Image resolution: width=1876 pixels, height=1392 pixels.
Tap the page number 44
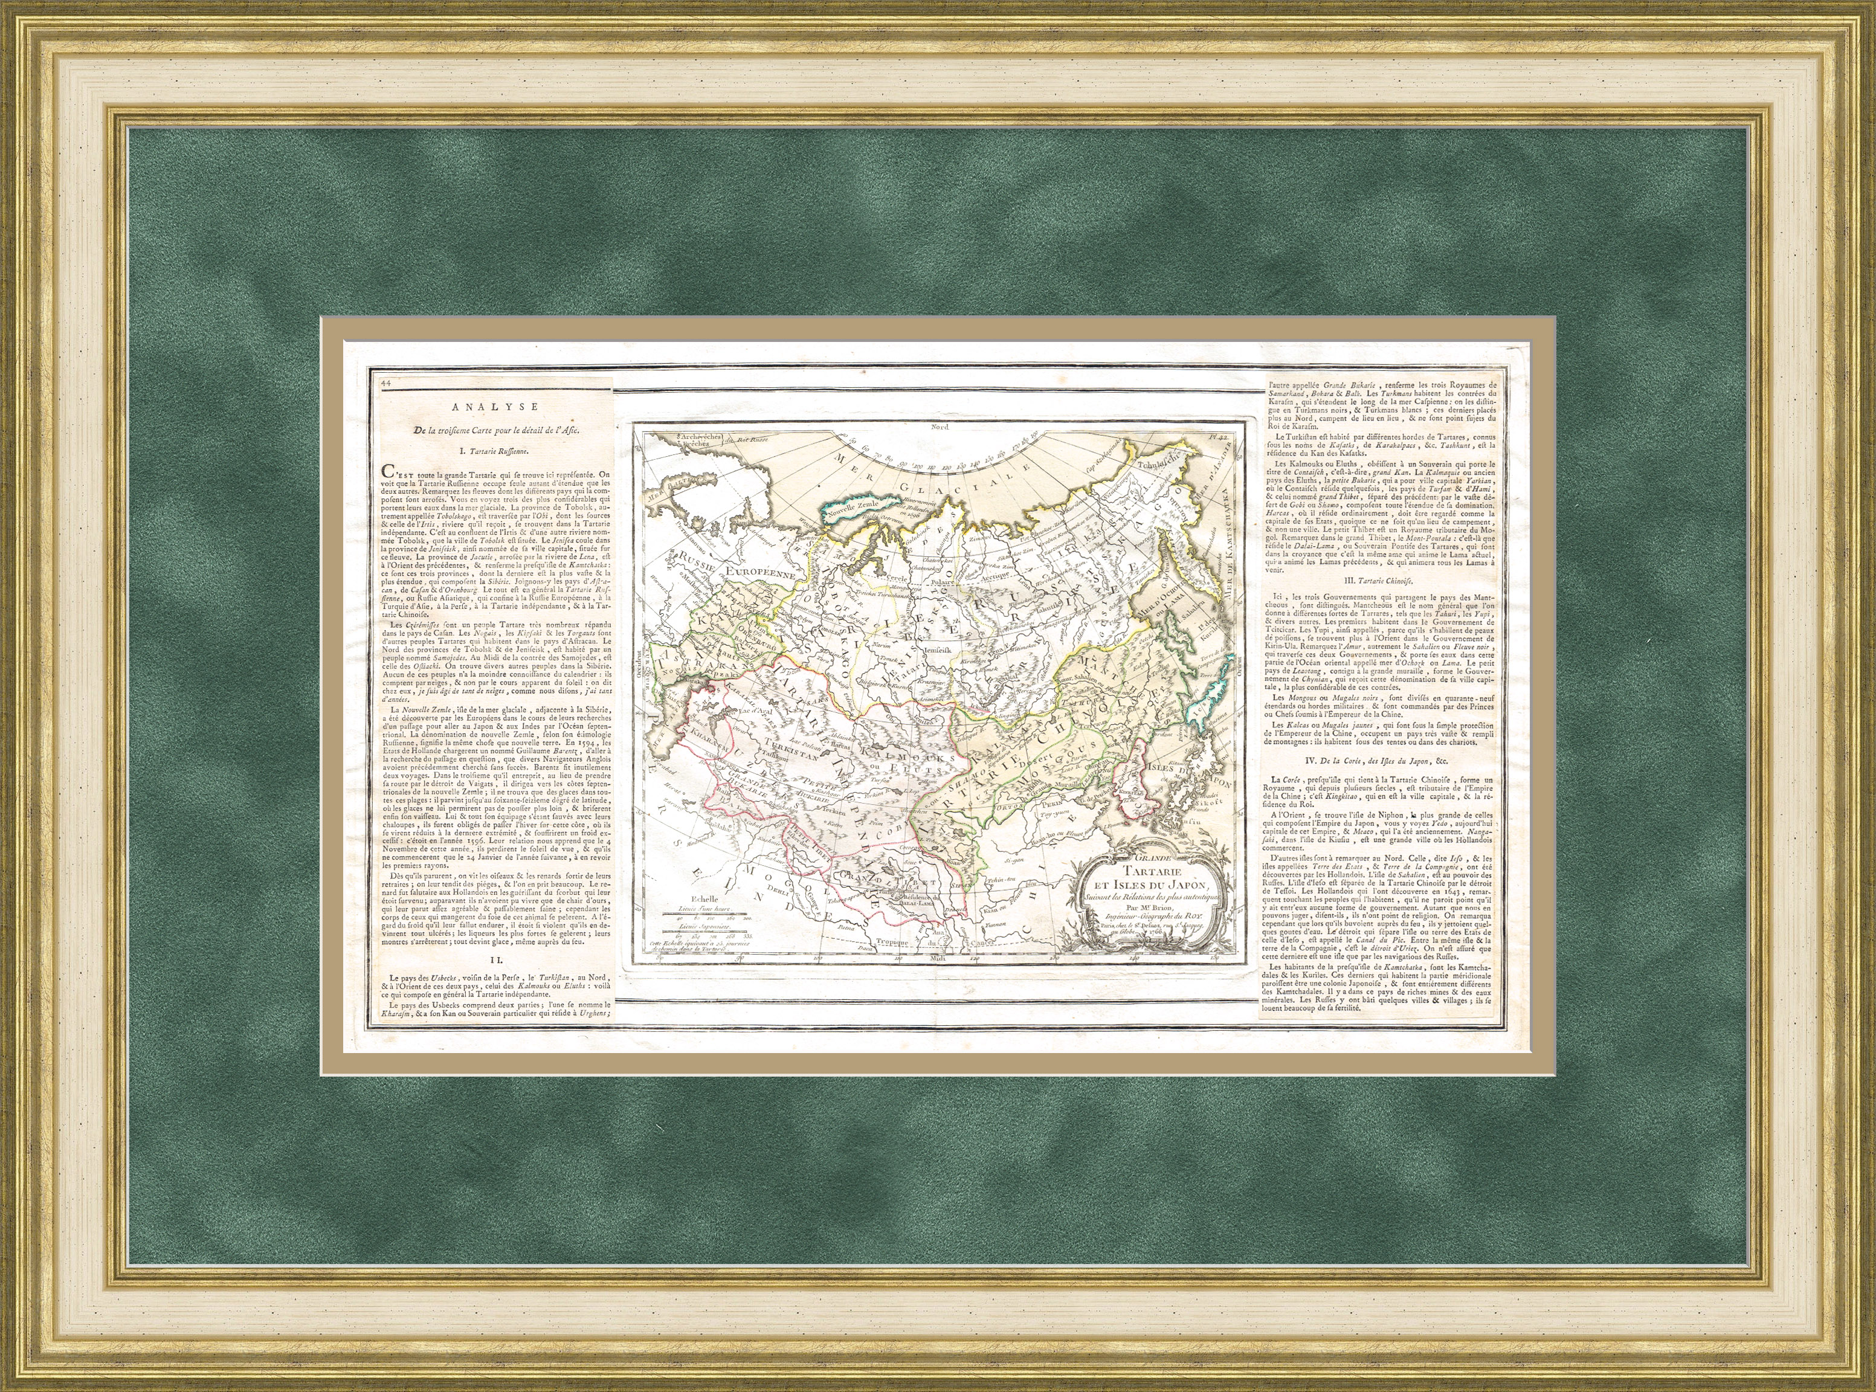click(387, 382)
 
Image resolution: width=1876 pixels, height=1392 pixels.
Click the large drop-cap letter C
click(388, 471)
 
